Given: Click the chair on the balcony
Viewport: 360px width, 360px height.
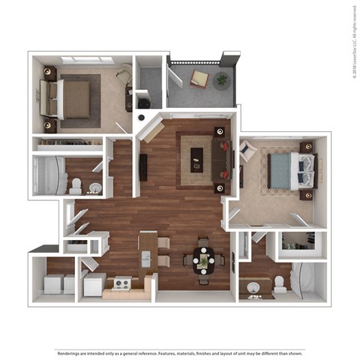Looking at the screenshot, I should point(200,79).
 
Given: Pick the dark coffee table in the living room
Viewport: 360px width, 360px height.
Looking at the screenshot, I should point(197,157).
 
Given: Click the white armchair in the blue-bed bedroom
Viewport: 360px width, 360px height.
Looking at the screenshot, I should point(247,152).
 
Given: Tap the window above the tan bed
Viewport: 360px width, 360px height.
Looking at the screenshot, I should point(87,59).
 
